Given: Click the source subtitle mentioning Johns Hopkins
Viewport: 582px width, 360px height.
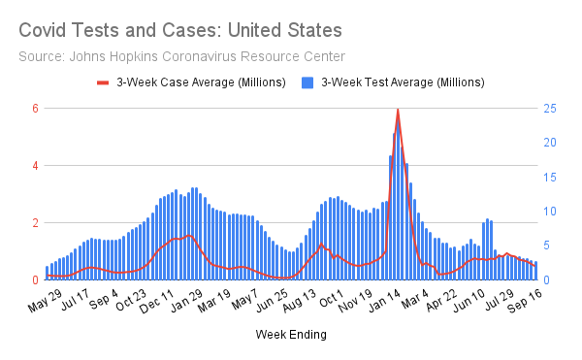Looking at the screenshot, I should click(x=181, y=56).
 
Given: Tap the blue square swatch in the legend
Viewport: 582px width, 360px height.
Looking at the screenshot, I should click(x=308, y=83).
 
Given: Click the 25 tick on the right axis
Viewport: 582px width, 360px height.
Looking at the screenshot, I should click(x=549, y=108).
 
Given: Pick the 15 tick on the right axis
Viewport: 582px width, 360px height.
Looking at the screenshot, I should click(x=549, y=177).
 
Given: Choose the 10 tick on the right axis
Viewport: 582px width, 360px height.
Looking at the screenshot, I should click(x=549, y=211).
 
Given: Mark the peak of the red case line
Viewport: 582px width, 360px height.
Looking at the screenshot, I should click(x=398, y=110).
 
